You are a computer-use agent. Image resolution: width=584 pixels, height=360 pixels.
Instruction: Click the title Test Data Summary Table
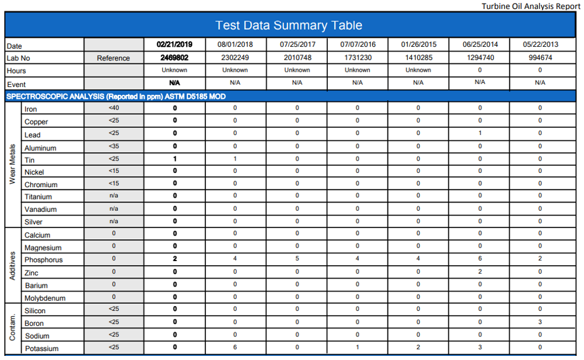(x=289, y=25)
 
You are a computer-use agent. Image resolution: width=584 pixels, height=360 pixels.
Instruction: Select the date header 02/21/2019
(x=175, y=44)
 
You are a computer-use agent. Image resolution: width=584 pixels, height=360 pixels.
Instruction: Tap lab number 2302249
(x=235, y=58)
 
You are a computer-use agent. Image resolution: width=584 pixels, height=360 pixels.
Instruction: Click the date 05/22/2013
(x=540, y=44)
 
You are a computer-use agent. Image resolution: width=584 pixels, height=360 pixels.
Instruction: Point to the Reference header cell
(x=114, y=58)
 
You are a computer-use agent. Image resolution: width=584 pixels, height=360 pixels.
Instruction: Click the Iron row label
(x=31, y=109)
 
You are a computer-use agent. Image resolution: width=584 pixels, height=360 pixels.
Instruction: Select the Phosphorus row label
(x=43, y=260)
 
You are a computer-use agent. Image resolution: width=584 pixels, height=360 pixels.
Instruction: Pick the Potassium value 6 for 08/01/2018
(x=235, y=347)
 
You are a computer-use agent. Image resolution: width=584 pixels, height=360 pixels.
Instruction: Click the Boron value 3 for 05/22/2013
(x=540, y=322)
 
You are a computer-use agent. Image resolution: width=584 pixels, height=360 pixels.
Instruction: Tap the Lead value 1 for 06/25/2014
(x=480, y=133)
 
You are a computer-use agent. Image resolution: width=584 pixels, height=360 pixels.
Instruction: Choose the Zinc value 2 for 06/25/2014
(x=480, y=272)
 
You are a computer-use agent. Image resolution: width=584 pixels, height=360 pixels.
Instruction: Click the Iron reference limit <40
(x=114, y=108)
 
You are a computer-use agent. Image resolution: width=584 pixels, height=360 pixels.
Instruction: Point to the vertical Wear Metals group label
(x=12, y=164)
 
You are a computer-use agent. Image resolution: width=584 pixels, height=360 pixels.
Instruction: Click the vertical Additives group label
(x=12, y=265)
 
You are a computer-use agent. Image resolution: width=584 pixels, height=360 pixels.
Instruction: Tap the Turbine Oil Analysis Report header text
(x=531, y=6)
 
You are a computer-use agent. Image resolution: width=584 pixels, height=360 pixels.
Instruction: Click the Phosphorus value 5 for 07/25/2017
(x=297, y=259)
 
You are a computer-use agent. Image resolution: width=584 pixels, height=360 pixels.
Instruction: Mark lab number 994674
(x=540, y=58)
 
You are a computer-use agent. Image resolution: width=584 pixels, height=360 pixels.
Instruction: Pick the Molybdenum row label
(x=45, y=298)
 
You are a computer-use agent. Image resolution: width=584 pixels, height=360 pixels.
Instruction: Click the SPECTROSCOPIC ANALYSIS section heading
(x=115, y=96)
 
